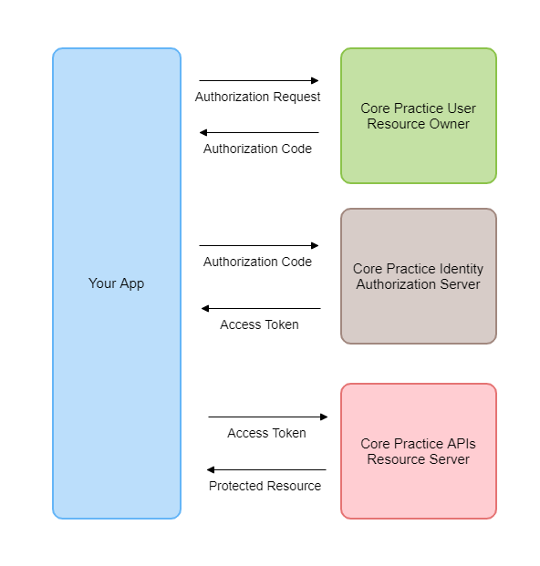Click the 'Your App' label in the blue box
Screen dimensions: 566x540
(116, 283)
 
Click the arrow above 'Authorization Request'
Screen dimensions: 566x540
(259, 81)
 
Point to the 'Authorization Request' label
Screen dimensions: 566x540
(257, 97)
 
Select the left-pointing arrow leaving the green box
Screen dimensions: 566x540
(259, 133)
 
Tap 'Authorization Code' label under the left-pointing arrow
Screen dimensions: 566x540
(257, 149)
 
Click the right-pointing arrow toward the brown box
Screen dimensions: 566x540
(259, 245)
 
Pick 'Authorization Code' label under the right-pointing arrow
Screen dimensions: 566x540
(257, 262)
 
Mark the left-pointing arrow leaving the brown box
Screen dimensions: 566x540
(261, 309)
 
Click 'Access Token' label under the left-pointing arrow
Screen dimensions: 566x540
(259, 324)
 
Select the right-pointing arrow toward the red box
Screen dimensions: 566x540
(267, 417)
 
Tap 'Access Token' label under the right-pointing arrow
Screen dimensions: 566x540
(266, 433)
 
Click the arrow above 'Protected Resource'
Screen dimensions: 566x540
(266, 470)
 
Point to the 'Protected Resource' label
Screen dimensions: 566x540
(265, 486)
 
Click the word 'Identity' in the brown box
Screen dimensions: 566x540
(461, 269)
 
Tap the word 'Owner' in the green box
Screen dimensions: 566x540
(450, 123)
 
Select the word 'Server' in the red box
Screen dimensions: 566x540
(449, 458)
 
